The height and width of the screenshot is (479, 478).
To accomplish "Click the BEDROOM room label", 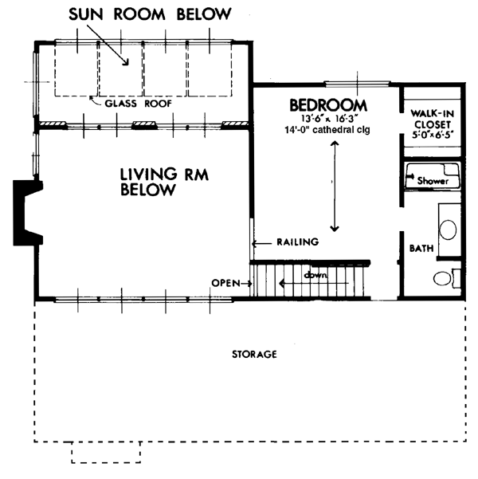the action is [x=328, y=105].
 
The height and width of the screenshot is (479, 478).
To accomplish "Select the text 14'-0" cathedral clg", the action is [x=327, y=130].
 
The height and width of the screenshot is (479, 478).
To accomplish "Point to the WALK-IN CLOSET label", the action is [x=432, y=119].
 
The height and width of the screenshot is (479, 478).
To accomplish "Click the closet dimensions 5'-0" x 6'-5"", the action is [x=432, y=135].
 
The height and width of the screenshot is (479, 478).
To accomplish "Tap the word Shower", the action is [x=433, y=181].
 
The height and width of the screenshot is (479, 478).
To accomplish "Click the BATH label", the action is [x=421, y=249].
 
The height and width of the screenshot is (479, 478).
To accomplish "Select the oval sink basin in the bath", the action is [x=448, y=230].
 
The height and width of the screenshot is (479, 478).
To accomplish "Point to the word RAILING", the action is [x=298, y=242].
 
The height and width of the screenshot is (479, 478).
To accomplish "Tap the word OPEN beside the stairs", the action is [x=226, y=283].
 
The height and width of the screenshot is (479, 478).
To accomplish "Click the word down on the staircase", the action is [x=315, y=275].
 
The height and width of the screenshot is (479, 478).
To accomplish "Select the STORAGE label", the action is [x=254, y=355].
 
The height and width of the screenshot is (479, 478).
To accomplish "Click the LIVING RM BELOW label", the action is [x=164, y=182].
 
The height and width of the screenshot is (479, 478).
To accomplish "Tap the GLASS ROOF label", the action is [x=139, y=104].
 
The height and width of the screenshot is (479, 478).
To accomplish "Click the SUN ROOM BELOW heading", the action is [x=150, y=14].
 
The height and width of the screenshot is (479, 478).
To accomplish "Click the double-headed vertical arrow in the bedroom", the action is [x=335, y=186].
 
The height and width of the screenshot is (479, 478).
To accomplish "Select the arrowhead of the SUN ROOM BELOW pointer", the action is [x=126, y=62].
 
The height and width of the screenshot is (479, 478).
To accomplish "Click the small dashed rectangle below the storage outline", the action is [x=106, y=453].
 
